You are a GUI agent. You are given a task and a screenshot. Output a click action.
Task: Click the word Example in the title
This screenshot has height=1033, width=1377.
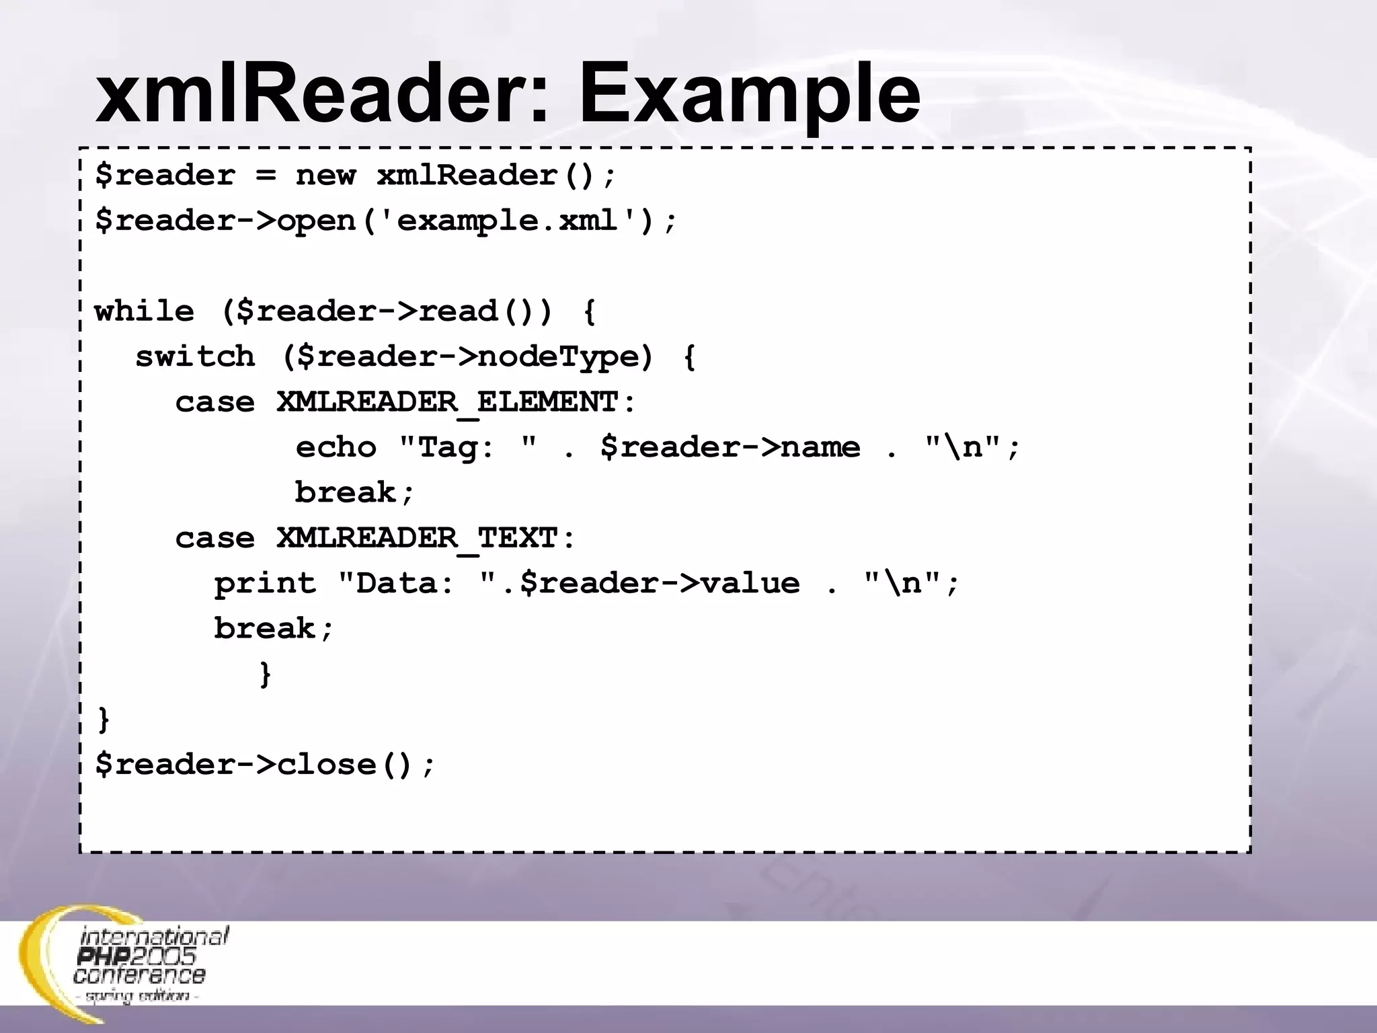(x=749, y=94)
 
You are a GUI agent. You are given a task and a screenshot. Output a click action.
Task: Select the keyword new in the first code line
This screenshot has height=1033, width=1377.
(x=325, y=176)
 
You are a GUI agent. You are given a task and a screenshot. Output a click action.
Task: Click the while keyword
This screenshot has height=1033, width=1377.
(x=144, y=312)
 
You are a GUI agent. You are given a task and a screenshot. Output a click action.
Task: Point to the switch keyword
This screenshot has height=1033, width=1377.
(x=195, y=357)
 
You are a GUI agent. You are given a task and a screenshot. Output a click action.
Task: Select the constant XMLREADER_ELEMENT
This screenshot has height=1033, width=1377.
(x=447, y=403)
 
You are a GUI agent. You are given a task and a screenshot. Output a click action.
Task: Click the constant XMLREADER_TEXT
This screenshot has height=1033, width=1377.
(x=417, y=539)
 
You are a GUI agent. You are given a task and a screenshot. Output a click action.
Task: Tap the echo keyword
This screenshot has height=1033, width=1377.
(x=336, y=448)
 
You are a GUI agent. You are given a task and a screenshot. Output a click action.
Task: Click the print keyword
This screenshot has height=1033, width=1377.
(x=265, y=584)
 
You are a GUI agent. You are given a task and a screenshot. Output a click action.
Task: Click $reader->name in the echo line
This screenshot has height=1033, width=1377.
(x=730, y=448)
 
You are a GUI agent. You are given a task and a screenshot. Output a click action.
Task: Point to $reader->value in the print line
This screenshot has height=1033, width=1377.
(x=660, y=584)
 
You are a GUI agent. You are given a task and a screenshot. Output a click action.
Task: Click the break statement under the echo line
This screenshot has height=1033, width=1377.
(x=354, y=493)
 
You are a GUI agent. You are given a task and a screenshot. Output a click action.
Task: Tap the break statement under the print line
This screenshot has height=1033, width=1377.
(x=273, y=629)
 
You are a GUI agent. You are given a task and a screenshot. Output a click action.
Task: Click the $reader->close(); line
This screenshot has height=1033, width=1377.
(x=266, y=765)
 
